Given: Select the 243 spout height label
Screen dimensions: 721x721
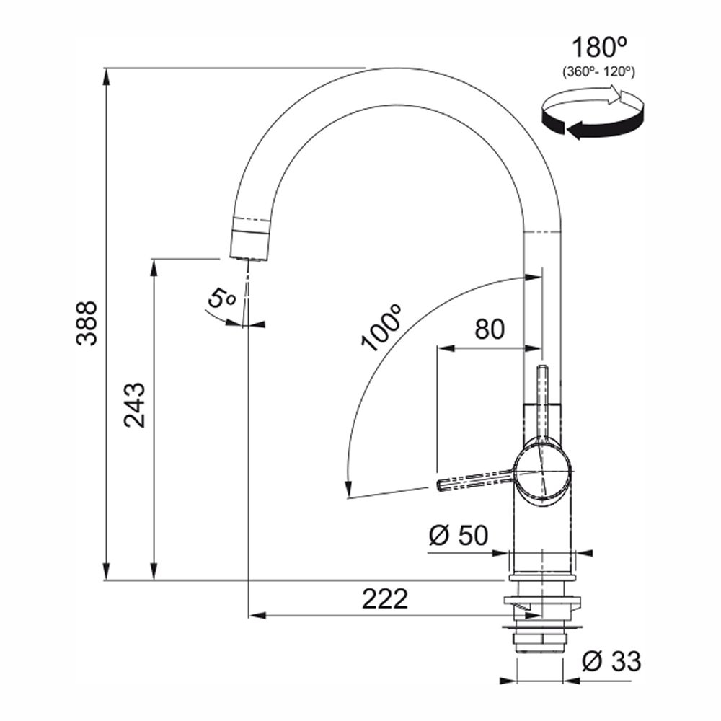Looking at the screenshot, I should click(x=135, y=404).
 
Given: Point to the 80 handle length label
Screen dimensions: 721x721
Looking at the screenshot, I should click(x=490, y=329).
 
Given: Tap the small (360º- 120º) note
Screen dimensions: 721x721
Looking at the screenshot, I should click(x=598, y=71).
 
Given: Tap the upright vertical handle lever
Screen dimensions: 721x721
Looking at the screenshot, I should click(x=543, y=397).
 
